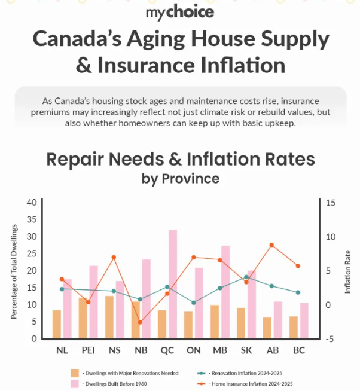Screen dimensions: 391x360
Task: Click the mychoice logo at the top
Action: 179,11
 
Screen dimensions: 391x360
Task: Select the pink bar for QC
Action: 173,284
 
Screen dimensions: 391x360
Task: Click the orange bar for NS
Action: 109,317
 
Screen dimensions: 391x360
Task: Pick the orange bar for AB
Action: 267,328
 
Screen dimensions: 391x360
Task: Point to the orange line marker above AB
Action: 271,245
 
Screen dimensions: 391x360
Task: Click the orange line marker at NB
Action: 141,322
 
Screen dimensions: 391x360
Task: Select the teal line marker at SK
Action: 246,277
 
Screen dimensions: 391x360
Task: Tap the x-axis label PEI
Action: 88,350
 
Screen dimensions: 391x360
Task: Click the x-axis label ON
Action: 193,350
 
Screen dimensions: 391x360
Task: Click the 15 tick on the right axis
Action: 331,203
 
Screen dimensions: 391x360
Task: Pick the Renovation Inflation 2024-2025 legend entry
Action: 246,372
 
